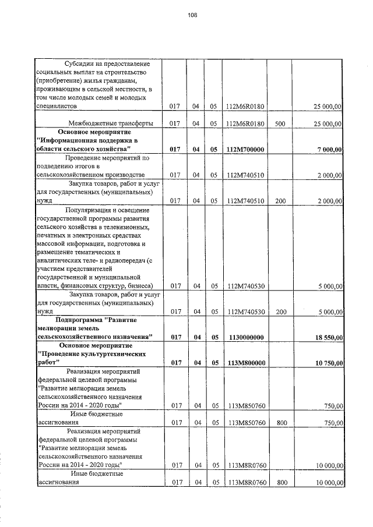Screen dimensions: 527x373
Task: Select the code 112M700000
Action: coord(246,150)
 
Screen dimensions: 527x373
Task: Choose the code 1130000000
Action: coord(246,337)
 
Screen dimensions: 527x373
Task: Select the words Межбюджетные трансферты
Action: coord(111,123)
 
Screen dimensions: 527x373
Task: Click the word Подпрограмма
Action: coord(82,320)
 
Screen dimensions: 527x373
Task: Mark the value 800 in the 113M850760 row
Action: coord(281,423)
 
